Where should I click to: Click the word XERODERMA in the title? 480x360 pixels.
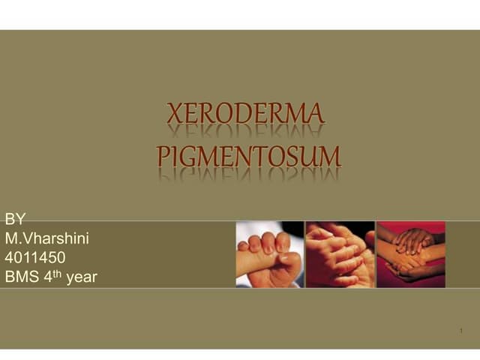coord(245,114)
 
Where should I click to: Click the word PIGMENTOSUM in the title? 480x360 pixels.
coord(249,157)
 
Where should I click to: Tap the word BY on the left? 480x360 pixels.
coord(15,219)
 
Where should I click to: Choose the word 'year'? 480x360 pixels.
coord(82,278)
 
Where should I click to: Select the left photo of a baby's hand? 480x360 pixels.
coord(269,255)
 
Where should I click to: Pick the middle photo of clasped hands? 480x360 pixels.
coord(340,255)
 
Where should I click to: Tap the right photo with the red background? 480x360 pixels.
coord(410,255)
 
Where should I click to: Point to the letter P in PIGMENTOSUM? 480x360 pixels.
coord(163,157)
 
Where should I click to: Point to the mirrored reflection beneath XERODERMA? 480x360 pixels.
coord(245,132)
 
